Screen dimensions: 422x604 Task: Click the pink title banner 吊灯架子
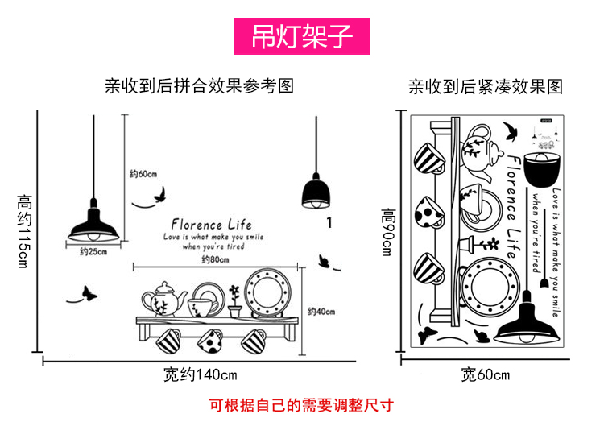point(301,37)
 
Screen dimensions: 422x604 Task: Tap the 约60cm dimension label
point(143,173)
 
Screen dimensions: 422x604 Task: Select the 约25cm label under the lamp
point(93,252)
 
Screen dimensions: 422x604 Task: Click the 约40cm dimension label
point(321,312)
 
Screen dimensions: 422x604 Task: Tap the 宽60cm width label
point(485,374)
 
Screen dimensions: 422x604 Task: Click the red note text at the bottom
point(301,404)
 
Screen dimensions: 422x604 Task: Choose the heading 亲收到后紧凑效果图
point(485,86)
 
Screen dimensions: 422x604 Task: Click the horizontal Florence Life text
point(212,225)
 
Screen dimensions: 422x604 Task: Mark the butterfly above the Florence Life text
point(160,194)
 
